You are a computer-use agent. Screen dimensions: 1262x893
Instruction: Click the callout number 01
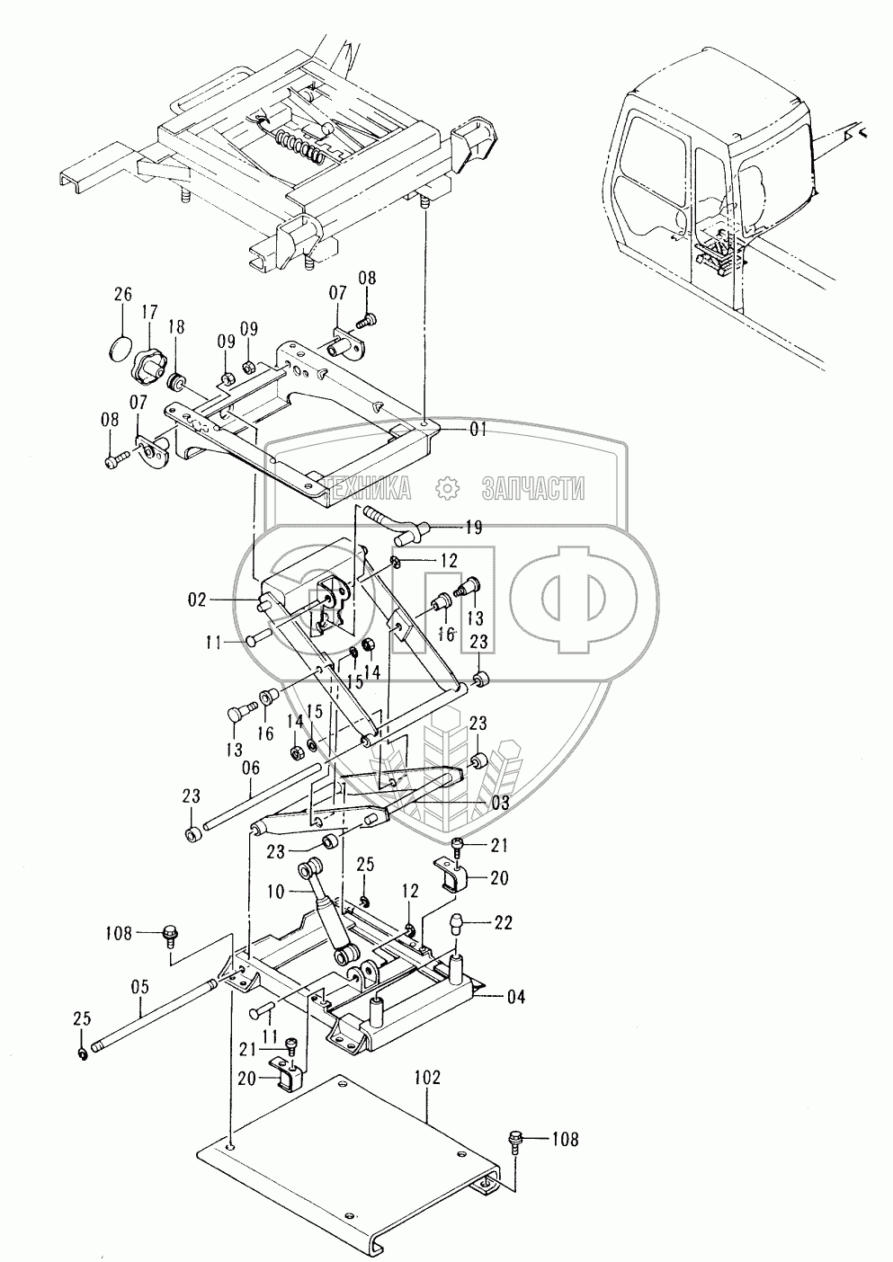(x=477, y=431)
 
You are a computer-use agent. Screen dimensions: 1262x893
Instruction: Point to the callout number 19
(x=473, y=528)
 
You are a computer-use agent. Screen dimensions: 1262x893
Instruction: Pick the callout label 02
(x=198, y=598)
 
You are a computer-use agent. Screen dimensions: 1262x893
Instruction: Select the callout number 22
(x=503, y=921)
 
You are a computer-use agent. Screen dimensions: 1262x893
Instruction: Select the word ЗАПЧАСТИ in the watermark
(x=533, y=488)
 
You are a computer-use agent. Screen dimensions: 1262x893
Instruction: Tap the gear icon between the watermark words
(x=447, y=488)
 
